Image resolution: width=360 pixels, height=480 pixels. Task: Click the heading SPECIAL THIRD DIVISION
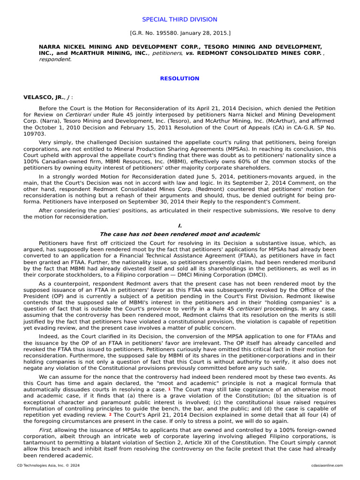click(x=180, y=19)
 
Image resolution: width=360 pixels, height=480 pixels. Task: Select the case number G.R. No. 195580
click(x=153, y=33)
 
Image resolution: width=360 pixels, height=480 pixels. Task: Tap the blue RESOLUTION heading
click(x=180, y=78)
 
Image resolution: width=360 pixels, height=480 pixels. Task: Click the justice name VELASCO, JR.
click(x=42, y=97)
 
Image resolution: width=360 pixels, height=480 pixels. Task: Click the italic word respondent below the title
click(x=54, y=60)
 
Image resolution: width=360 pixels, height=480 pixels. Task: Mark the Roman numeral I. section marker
click(x=180, y=225)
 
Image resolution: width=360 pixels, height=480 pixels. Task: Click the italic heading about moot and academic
click(x=180, y=234)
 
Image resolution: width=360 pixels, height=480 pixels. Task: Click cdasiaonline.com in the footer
click(x=327, y=465)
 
